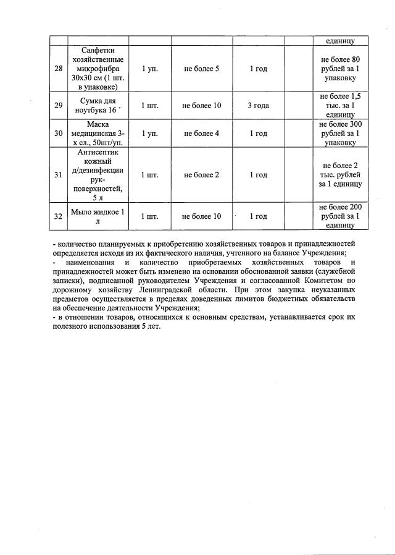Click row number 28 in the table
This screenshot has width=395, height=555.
(x=58, y=69)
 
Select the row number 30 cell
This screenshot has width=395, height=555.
(x=58, y=133)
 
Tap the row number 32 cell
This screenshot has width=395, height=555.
(x=58, y=216)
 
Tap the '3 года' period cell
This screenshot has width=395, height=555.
(x=258, y=105)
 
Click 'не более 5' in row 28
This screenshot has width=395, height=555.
(x=202, y=69)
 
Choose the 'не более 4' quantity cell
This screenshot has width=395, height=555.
(x=202, y=133)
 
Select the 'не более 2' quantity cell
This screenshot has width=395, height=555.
(x=202, y=175)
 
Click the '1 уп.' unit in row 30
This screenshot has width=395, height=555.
(x=149, y=133)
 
